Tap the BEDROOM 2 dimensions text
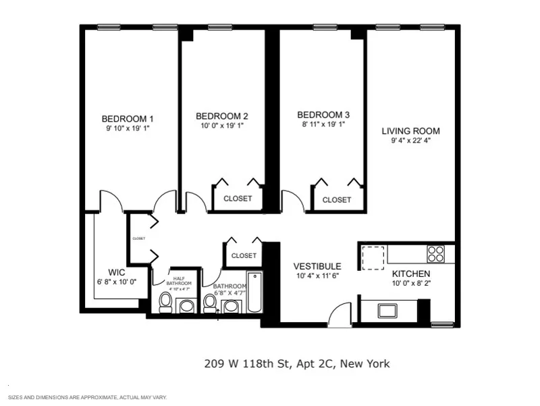(x=221, y=125)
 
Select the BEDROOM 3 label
(x=323, y=115)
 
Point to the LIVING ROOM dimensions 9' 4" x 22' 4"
(x=410, y=141)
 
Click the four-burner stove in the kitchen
(x=436, y=253)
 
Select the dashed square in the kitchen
(x=373, y=257)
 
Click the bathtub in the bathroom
(x=254, y=292)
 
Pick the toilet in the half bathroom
(x=165, y=303)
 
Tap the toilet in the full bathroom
(x=210, y=303)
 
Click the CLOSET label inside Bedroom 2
(x=237, y=199)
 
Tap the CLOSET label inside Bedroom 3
(x=336, y=200)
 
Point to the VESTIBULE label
(x=317, y=266)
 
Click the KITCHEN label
(x=411, y=274)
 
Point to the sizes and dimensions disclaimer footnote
(x=87, y=397)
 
